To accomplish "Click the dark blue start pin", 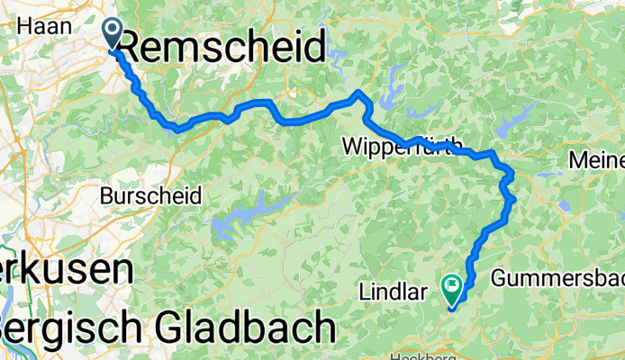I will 113,33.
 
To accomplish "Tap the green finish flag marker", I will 451,287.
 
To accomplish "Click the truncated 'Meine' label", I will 597,161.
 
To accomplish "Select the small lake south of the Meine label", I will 565,205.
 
